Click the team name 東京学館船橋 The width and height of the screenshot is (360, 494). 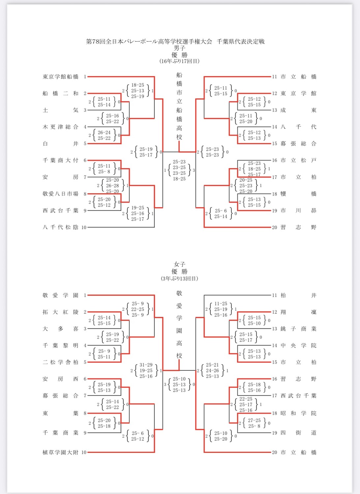(x=60, y=77)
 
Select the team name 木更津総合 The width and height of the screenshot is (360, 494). (x=60, y=127)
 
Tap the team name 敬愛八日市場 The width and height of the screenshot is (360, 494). (x=60, y=194)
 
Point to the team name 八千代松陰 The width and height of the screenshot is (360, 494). (x=60, y=227)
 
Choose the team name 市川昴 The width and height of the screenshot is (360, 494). (x=298, y=210)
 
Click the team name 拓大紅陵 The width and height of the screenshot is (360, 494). (x=60, y=312)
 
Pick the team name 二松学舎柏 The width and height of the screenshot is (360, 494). (x=60, y=362)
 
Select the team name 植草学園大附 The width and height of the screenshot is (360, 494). (x=60, y=452)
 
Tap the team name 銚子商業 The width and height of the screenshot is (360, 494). (x=298, y=329)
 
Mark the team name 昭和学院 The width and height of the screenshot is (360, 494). (x=298, y=413)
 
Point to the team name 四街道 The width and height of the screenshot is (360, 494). (x=298, y=433)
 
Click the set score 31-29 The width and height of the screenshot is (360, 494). (x=146, y=365)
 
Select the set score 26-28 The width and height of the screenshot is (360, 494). (x=112, y=186)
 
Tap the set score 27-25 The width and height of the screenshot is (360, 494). (x=254, y=420)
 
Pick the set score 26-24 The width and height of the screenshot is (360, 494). (x=104, y=133)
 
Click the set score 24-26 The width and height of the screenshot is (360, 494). (x=212, y=371)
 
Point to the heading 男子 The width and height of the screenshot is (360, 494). (x=179, y=48)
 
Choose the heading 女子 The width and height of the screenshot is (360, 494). (x=179, y=264)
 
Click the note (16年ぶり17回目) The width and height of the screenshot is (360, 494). (x=179, y=61)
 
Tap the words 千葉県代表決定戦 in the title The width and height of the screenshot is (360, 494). (x=241, y=42)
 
